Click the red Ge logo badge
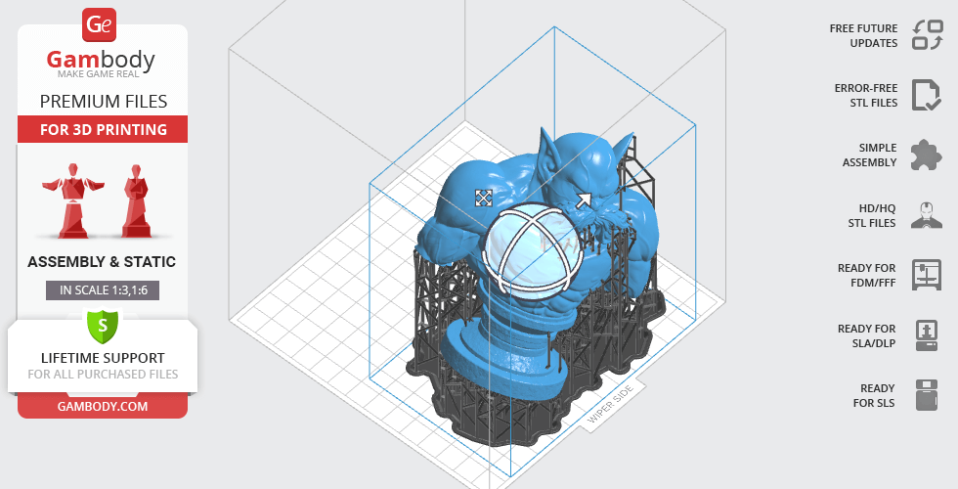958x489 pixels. point(99,24)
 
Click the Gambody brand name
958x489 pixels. point(101,60)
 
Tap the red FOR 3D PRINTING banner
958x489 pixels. point(103,129)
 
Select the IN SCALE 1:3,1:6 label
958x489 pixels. point(103,290)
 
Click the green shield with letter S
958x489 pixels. point(103,326)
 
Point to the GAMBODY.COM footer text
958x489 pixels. point(103,407)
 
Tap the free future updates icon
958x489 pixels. point(928,35)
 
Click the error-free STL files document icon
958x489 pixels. point(927,95)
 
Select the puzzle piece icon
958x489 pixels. point(927,155)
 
